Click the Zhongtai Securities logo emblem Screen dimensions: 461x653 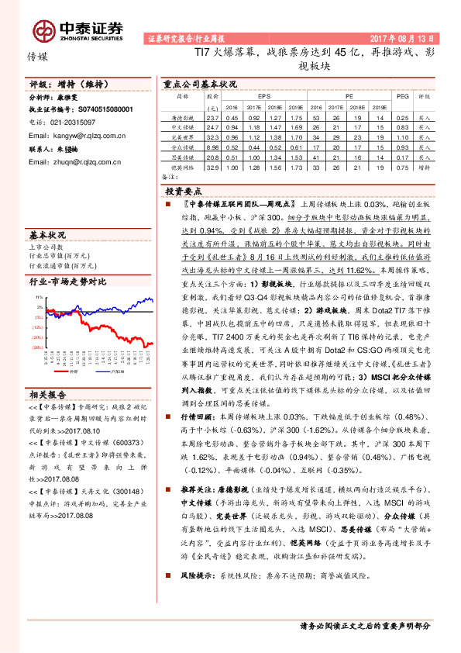coord(45,30)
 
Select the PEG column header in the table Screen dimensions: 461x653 coord(401,97)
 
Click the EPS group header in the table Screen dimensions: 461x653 coord(253,97)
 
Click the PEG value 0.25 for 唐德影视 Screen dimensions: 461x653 coord(401,116)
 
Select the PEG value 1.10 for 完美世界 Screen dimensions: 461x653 coord(401,136)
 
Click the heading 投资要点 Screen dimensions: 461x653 coord(184,191)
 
